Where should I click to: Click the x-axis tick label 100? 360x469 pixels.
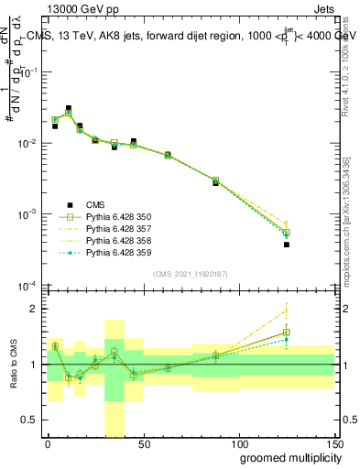239,443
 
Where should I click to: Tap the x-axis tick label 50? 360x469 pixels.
144,443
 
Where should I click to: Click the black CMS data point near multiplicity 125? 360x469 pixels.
287,245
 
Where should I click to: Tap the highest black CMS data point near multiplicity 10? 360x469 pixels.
69,108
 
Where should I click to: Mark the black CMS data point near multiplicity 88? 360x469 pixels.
216,183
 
